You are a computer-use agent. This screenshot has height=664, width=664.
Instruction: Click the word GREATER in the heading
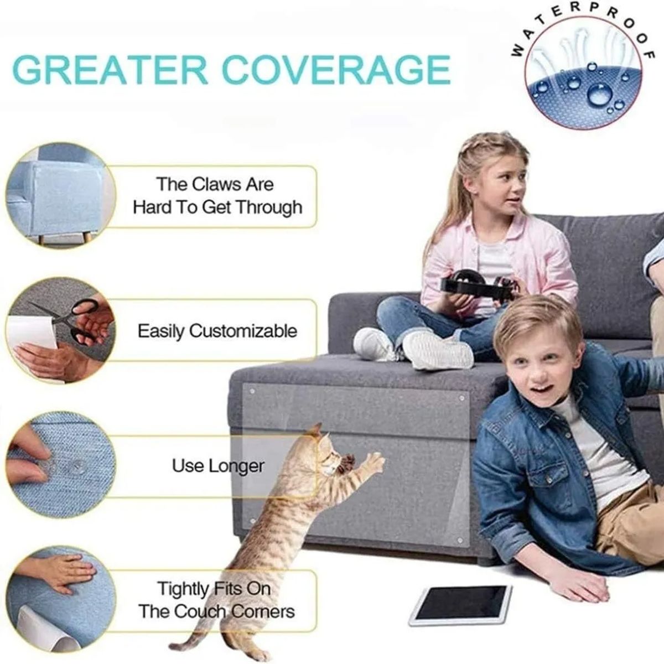pos(110,70)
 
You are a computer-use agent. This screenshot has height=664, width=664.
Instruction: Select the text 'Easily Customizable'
pos(217,331)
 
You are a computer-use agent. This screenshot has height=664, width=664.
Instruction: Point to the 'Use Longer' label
pos(218,466)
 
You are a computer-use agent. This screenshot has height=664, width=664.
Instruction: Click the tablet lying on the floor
pos(460,604)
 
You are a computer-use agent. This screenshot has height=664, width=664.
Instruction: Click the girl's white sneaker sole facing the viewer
pos(437,350)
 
